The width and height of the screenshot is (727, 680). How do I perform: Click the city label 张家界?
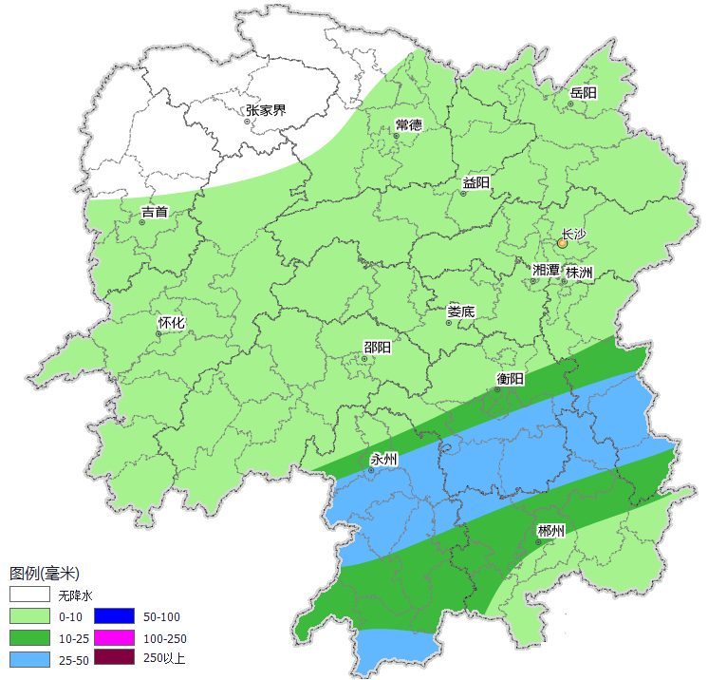266,110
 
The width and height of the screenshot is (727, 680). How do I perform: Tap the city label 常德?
408,125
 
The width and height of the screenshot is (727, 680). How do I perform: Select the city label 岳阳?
583,93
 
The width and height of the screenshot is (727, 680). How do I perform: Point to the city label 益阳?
475,182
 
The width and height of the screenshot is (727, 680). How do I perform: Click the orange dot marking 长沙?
562,243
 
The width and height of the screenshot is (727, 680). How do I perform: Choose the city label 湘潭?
546,271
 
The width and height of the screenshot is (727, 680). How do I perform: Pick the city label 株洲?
579,273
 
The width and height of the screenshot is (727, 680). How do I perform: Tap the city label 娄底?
461,311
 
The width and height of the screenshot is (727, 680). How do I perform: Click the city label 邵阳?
377,348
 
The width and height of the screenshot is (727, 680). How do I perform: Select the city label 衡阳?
510,379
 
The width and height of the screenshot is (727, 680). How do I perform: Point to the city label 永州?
383,460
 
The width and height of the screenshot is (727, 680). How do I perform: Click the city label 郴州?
550,530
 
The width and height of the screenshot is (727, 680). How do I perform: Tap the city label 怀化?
171,323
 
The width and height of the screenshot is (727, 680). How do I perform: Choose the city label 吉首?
155,212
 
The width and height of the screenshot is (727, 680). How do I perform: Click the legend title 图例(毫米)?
44,574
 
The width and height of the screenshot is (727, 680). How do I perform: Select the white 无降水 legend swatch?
29,595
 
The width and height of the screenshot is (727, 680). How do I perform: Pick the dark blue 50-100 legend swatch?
114,616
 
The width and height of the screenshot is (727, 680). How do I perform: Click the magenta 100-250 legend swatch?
114,637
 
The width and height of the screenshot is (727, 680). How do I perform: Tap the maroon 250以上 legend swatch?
114,657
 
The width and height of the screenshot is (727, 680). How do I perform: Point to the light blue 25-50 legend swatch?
29,658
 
